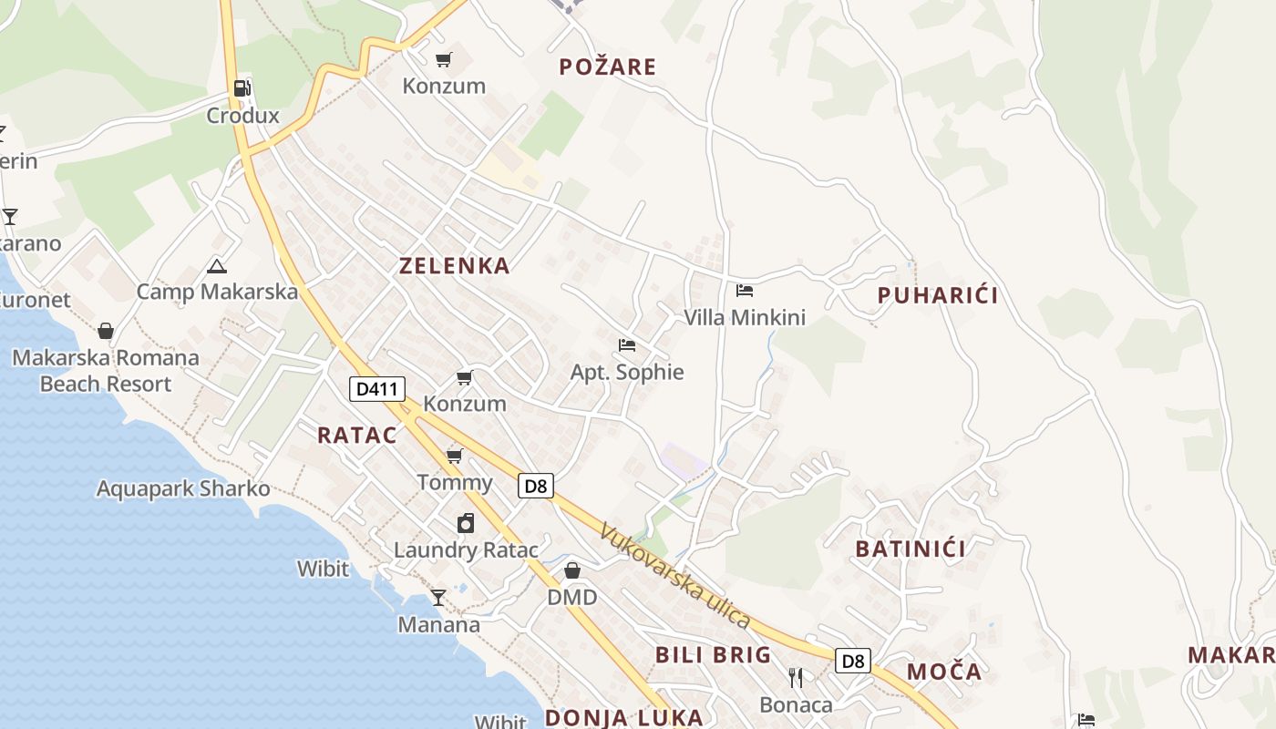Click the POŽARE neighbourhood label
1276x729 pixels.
click(x=607, y=67)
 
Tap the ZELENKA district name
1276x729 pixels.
click(x=454, y=266)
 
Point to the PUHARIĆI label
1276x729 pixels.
click(x=938, y=295)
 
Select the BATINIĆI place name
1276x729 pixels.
click(x=911, y=549)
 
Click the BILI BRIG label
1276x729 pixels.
click(x=714, y=655)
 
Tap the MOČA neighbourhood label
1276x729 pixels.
click(x=944, y=673)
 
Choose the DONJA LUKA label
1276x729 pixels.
click(x=624, y=717)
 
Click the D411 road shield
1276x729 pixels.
click(x=377, y=389)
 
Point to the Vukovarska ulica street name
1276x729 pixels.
click(x=675, y=575)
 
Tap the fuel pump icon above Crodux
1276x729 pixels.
click(x=242, y=88)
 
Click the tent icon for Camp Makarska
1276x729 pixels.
click(x=216, y=266)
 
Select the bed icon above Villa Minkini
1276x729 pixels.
click(x=745, y=291)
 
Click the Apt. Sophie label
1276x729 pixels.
click(x=627, y=372)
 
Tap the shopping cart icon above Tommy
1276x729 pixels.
click(x=454, y=456)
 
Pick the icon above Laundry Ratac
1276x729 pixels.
click(x=466, y=523)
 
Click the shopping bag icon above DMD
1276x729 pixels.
click(x=572, y=570)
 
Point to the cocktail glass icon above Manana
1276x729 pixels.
click(x=438, y=598)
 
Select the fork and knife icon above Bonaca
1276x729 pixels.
click(x=796, y=677)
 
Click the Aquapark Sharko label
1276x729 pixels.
click(x=183, y=488)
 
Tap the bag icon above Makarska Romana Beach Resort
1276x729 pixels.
click(x=106, y=330)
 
